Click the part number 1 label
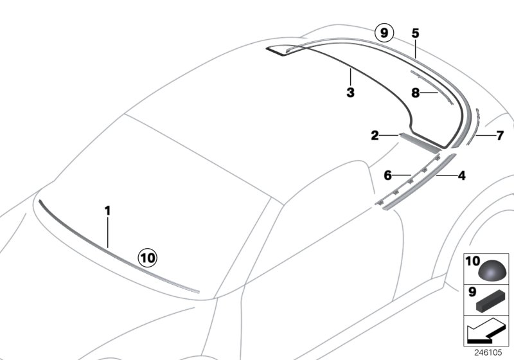[108, 210]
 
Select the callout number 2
[375, 136]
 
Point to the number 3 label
[350, 93]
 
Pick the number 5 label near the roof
[415, 33]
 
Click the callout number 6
[387, 175]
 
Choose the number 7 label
[499, 136]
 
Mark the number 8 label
[416, 93]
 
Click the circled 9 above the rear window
[384, 33]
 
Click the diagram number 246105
[492, 353]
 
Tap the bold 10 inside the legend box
[472, 262]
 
